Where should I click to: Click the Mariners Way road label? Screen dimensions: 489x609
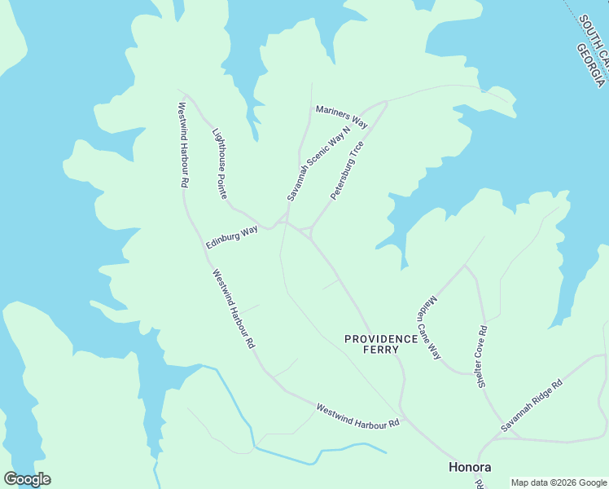[x=342, y=117]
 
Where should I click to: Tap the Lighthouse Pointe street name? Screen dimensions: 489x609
[x=220, y=164]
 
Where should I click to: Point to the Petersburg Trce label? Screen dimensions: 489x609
[x=346, y=170]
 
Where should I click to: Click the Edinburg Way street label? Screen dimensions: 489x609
[x=231, y=237]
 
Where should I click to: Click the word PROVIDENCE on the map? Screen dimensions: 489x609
[x=380, y=338]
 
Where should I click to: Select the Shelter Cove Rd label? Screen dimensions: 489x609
[x=482, y=357]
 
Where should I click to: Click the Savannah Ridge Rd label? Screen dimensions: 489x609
[x=531, y=404]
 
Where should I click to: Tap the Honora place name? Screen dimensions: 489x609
[x=470, y=467]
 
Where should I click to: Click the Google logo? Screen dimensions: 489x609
[x=27, y=479]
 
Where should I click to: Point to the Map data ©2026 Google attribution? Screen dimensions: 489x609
[x=558, y=482]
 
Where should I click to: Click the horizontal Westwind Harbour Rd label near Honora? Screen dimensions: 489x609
[x=357, y=416]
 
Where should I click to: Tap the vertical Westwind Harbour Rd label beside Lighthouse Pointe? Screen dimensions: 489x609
[x=183, y=144]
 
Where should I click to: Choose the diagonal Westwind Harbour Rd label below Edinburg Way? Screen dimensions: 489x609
[x=234, y=310]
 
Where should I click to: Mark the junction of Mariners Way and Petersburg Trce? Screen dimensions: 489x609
[x=386, y=103]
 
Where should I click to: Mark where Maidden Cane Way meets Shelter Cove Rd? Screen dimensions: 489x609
[x=465, y=265]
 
